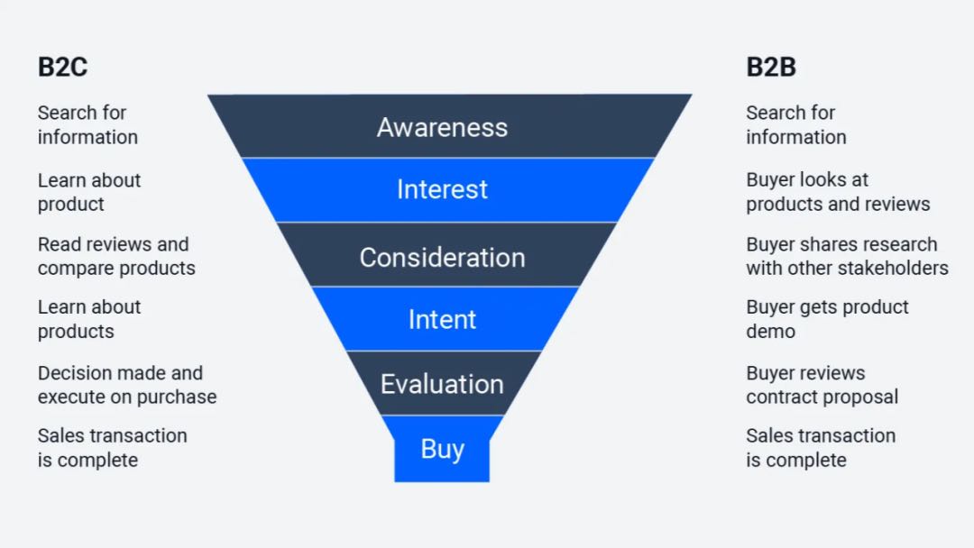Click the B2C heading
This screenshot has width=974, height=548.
coord(62,68)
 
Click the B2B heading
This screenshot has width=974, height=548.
coord(770,68)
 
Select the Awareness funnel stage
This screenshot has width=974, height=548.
coord(442,127)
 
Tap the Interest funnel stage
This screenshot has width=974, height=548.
coord(442,189)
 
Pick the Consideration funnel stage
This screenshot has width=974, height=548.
coord(442,258)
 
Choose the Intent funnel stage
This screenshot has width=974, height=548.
coord(442,320)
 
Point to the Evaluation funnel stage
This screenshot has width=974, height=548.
coord(442,384)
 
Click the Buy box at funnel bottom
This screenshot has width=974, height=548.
coord(442,449)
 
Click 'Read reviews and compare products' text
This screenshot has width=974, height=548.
coord(116,256)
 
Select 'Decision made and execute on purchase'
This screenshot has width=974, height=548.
coord(126,385)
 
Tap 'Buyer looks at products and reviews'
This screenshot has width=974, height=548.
coord(837,192)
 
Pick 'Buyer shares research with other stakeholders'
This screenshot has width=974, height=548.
coord(846,256)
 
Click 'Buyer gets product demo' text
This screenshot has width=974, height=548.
coord(827,319)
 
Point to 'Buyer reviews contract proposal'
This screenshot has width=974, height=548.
coord(822,385)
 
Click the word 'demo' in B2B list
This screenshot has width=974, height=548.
coord(770,332)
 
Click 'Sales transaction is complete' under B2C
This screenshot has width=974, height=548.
coord(112,448)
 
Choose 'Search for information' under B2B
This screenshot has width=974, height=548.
coord(795,125)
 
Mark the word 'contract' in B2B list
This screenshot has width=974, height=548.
coord(782,397)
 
